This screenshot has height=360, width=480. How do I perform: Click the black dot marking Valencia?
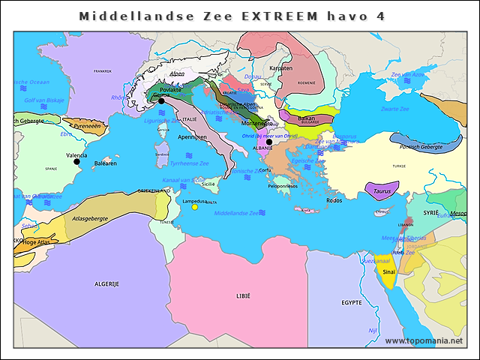[76, 161]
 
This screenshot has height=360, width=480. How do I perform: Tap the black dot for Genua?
[160, 100]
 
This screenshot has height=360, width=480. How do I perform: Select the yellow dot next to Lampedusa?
[195, 207]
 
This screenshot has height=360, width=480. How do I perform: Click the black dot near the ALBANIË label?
[269, 142]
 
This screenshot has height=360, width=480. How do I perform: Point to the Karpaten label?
[280, 68]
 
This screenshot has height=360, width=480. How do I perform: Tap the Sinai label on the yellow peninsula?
[388, 272]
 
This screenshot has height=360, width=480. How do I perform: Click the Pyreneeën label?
[86, 127]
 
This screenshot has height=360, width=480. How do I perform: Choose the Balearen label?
[105, 163]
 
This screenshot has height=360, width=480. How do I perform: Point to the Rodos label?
[334, 200]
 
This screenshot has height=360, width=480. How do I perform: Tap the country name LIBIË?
[243, 296]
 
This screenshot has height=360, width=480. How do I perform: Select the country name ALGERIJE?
[106, 284]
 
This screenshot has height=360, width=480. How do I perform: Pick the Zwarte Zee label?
[394, 109]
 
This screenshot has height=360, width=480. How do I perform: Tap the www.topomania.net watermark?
[424, 341]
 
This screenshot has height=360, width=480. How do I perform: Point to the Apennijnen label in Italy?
[192, 137]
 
